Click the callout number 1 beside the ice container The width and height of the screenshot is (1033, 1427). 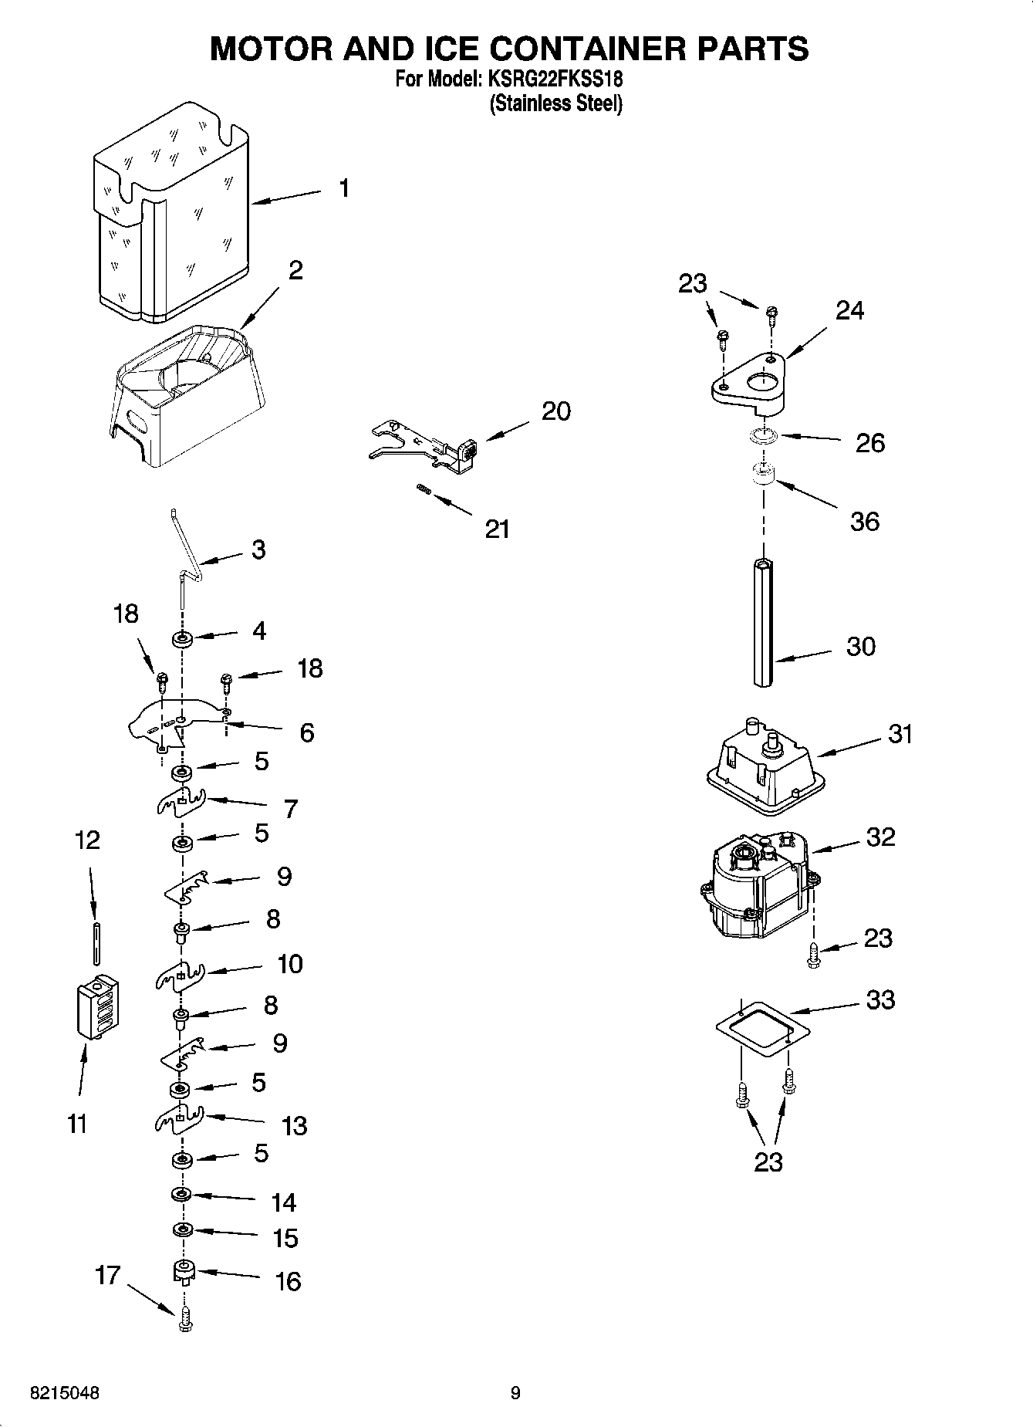344,188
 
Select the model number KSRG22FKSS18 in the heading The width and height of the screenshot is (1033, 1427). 553,79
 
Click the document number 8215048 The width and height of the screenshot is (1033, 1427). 65,1393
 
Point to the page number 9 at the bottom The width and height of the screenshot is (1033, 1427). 515,1393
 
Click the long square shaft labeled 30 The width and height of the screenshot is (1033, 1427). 763,622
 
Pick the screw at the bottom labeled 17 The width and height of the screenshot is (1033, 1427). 184,1323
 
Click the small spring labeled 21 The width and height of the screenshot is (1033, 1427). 423,488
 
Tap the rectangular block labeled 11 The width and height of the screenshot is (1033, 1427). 97,1009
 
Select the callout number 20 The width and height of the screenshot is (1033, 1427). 555,411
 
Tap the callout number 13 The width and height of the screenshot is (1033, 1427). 295,1126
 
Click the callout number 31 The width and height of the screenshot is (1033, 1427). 900,733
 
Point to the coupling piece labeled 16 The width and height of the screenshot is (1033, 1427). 184,1271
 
